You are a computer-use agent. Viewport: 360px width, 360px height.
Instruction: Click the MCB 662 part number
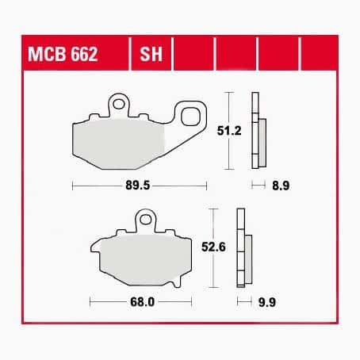(x=63, y=54)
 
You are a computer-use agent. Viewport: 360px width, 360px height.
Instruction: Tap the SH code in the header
(x=151, y=54)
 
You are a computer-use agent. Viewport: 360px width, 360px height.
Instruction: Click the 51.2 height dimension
(x=229, y=131)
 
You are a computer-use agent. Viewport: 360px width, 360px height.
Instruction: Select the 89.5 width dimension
(x=137, y=186)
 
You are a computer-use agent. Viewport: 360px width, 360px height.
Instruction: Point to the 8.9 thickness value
(x=281, y=186)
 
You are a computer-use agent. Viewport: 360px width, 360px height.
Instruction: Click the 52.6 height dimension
(x=213, y=247)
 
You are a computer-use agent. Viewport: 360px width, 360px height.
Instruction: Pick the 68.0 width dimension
(x=142, y=302)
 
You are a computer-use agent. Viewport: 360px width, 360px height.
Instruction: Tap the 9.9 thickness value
(x=267, y=302)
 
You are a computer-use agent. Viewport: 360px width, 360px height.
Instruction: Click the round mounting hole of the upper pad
(x=119, y=104)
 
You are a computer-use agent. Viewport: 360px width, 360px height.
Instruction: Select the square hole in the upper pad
(x=190, y=117)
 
